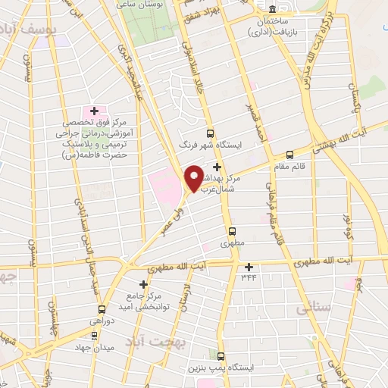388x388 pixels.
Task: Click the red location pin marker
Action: pos(194,177)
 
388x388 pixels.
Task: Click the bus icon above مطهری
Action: pos(231,231)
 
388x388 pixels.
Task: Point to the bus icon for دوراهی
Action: pos(102,309)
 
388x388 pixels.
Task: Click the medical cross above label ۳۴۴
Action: pos(249,266)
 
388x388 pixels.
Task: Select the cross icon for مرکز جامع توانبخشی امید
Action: pos(143,284)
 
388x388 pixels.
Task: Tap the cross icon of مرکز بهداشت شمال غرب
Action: pos(217,167)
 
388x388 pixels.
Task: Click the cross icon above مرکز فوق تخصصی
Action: pos(94,111)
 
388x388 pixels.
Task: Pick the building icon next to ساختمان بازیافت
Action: pos(272,10)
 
